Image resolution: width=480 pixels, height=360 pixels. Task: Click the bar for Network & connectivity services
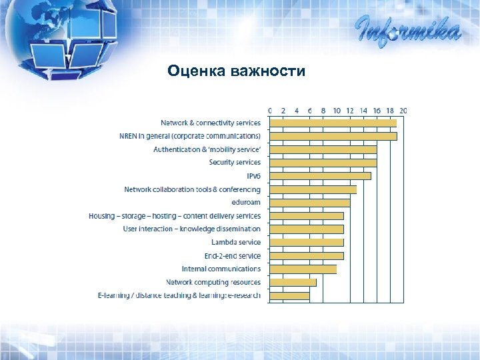tap(333, 123)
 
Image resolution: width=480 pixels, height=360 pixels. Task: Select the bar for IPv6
tap(320, 176)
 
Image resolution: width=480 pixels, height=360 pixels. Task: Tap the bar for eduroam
tap(309, 203)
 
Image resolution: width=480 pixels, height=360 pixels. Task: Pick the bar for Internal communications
tap(303, 269)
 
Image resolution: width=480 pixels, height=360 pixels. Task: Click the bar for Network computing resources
tap(293, 283)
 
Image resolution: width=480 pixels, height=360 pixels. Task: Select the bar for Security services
tap(323, 163)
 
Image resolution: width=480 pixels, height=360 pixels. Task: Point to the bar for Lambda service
tap(306, 243)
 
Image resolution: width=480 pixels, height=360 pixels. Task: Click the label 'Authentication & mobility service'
tap(207, 149)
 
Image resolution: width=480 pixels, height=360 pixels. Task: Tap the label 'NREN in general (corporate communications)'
tap(189, 136)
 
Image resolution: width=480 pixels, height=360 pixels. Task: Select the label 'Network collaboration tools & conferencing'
tap(192, 189)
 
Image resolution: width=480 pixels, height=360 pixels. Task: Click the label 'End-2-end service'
tap(232, 256)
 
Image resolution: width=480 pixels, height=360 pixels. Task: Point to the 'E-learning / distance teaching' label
tap(179, 295)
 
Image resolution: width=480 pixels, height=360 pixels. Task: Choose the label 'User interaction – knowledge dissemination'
tap(191, 229)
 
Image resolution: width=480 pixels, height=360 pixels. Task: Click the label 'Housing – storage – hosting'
tap(175, 216)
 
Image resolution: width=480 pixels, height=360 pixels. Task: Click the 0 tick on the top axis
tap(269, 110)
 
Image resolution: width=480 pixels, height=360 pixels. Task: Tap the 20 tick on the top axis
tap(403, 110)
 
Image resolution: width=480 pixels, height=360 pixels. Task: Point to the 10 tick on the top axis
tap(337, 110)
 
